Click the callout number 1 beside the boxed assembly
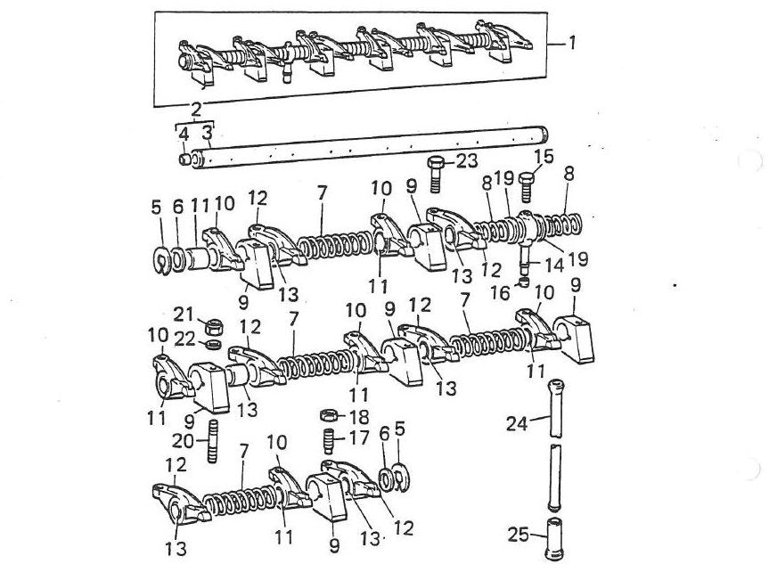[571, 43]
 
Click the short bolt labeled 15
[526, 186]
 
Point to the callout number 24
[517, 423]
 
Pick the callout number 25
[519, 535]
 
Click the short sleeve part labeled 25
[554, 539]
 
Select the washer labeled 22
[214, 344]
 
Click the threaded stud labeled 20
[214, 441]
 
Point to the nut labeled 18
[329, 416]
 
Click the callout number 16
[500, 293]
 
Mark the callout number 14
[553, 266]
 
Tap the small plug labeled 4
[184, 159]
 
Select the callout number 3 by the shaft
[208, 133]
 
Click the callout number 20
[184, 442]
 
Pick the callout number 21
[184, 314]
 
